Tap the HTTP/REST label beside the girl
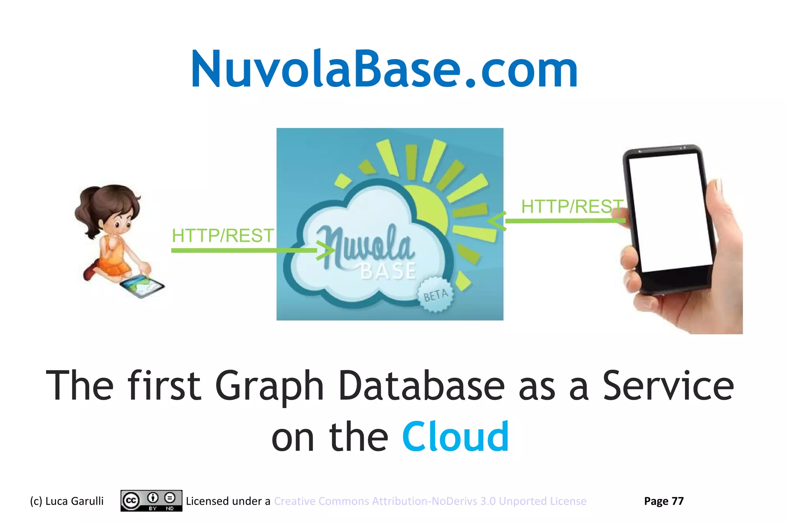point(223,236)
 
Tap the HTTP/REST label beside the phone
point(571,207)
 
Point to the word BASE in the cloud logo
point(388,271)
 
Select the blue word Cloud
point(455,437)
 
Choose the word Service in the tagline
point(668,385)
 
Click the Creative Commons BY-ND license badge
point(151,501)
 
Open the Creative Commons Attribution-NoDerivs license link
point(430,501)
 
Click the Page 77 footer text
point(664,501)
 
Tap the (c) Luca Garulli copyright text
point(67,501)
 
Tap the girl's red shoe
point(91,270)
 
